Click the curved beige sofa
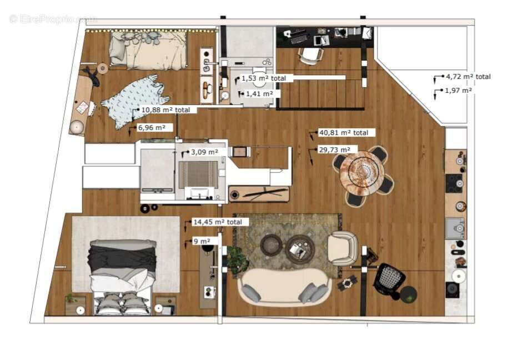pos(285,286)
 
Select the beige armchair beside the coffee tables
pos(343,248)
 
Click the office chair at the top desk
pos(311,55)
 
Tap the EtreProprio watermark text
pos(53,19)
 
